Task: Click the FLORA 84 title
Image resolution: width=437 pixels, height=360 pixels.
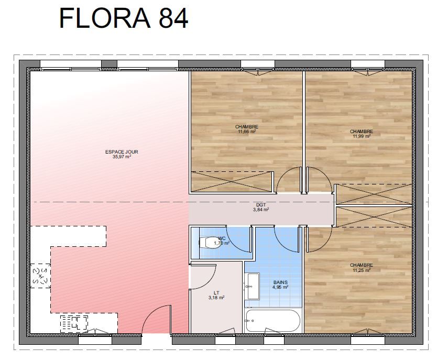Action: point(124,18)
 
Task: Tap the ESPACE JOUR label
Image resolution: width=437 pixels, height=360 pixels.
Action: point(122,152)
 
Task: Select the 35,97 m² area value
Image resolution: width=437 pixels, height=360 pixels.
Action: point(122,157)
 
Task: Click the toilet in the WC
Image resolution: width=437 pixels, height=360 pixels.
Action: point(210,242)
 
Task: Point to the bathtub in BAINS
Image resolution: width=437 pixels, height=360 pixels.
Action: point(273,320)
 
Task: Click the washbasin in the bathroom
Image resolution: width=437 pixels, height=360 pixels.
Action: point(253,286)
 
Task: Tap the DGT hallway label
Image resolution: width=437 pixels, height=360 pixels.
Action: point(261,205)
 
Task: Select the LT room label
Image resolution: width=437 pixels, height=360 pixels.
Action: point(216,293)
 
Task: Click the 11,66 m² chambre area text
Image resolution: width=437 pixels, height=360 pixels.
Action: point(247,132)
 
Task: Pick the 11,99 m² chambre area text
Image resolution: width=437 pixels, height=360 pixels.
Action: point(362,136)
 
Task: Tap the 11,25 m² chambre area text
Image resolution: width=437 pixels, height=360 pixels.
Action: point(362,270)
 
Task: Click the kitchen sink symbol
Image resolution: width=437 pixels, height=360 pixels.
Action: point(40,276)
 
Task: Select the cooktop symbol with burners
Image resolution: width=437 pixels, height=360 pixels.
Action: point(74,324)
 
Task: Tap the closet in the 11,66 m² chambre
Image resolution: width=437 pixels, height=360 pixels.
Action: point(231,182)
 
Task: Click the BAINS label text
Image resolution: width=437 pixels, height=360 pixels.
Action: point(280,282)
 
